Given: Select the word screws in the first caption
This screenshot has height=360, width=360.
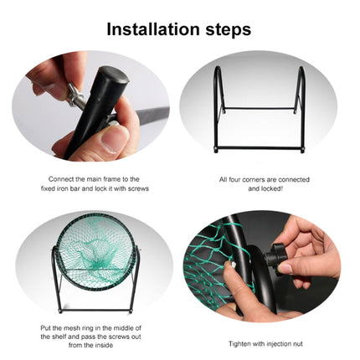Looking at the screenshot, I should pyautogui.click(x=126, y=188).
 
